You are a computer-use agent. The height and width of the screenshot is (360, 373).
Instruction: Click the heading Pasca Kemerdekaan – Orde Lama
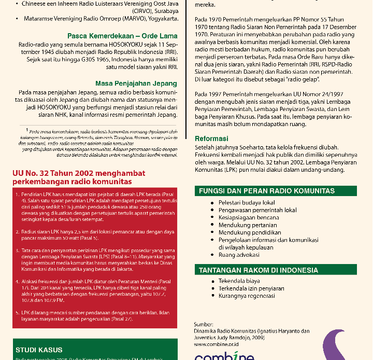pyautogui.click(x=122, y=36)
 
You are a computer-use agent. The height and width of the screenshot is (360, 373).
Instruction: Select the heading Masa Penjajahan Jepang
pyautogui.click(x=136, y=83)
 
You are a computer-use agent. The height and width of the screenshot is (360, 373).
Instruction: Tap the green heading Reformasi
pyautogui.click(x=211, y=139)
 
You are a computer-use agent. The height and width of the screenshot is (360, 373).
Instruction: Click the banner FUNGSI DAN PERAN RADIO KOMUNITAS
pyautogui.click(x=267, y=191)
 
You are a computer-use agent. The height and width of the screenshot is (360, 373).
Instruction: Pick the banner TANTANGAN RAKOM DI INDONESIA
pyautogui.click(x=259, y=270)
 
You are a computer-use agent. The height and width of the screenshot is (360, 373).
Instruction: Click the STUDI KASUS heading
pyautogui.click(x=39, y=350)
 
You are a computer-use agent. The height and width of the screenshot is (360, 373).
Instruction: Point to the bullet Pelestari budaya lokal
pyautogui.click(x=246, y=202)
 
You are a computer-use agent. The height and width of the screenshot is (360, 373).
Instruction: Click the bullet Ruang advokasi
pyautogui.click(x=239, y=255)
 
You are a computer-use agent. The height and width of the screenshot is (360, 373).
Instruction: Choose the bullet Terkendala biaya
pyautogui.click(x=240, y=281)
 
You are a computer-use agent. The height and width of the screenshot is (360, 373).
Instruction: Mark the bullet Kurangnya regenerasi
pyautogui.click(x=247, y=296)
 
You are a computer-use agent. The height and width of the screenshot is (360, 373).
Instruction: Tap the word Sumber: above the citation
pyautogui.click(x=204, y=324)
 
